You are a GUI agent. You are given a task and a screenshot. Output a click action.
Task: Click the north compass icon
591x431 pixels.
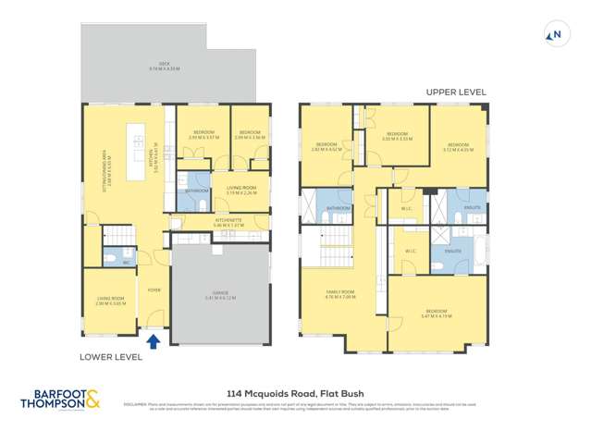(555, 36)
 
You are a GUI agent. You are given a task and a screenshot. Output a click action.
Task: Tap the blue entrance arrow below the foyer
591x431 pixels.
(154, 342)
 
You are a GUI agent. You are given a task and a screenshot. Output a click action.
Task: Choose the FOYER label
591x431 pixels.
(154, 289)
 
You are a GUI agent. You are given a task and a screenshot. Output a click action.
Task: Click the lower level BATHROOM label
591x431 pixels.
(195, 191)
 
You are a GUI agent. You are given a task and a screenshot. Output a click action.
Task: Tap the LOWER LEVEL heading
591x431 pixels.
(110, 356)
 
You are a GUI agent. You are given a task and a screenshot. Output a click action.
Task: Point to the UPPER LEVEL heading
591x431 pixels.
(456, 92)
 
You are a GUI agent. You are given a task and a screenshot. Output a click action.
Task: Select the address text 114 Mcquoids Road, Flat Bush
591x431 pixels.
(293, 392)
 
